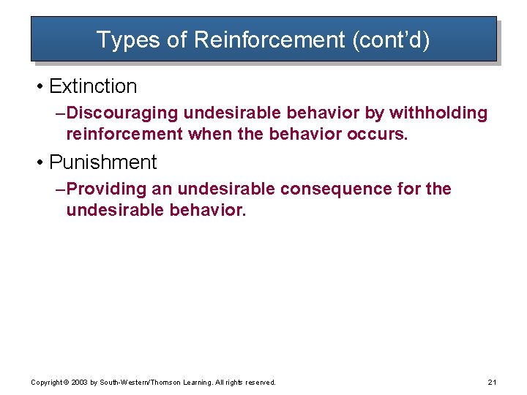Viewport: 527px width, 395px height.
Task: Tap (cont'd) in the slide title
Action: pyautogui.click(x=391, y=39)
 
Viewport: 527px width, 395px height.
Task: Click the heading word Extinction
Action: pyautogui.click(x=93, y=86)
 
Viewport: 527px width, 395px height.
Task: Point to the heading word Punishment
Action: pyautogui.click(x=103, y=162)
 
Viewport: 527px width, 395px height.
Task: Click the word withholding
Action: pyautogui.click(x=438, y=113)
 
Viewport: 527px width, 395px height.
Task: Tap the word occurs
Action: pyautogui.click(x=380, y=134)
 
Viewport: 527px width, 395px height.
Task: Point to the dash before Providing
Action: pyautogui.click(x=60, y=189)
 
